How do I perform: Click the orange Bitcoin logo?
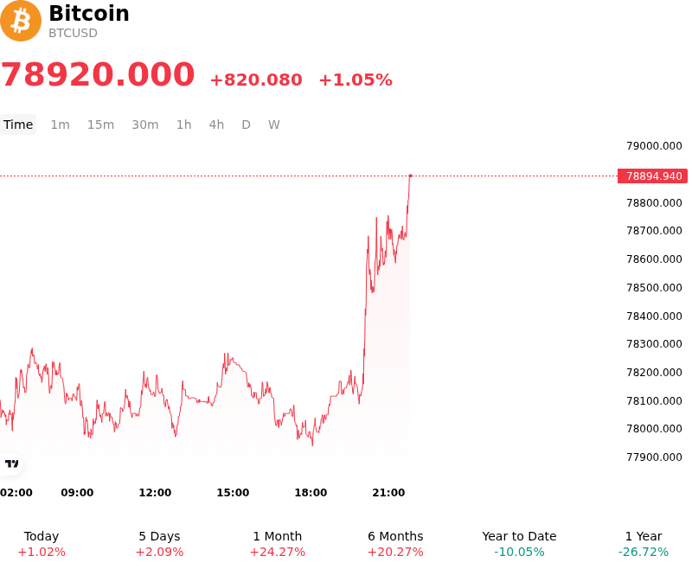(21, 21)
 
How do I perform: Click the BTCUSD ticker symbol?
(73, 33)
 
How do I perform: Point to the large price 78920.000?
(98, 74)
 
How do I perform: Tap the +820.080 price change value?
(256, 80)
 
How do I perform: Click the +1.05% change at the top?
(356, 80)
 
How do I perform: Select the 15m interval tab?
(100, 125)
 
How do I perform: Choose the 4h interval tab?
(216, 125)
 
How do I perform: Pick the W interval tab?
(274, 125)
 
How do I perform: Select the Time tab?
(18, 125)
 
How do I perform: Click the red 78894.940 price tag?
(653, 176)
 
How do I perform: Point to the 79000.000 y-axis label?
(654, 146)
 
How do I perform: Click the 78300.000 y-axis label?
(654, 344)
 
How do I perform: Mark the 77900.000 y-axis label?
(654, 457)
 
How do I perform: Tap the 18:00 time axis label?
(311, 493)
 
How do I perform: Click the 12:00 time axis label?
(155, 493)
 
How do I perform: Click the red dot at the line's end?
(410, 176)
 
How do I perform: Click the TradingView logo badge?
(11, 464)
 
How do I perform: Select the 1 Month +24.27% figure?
(278, 553)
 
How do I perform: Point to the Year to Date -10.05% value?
(519, 553)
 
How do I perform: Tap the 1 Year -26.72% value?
(644, 553)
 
